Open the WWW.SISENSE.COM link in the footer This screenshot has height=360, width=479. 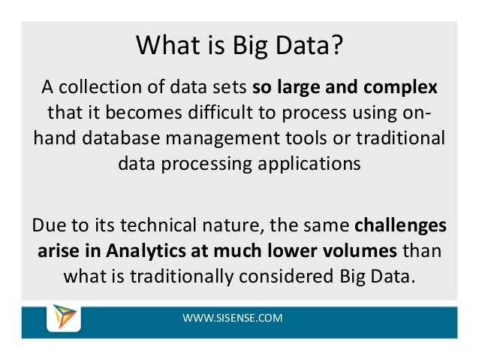[x=233, y=319]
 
